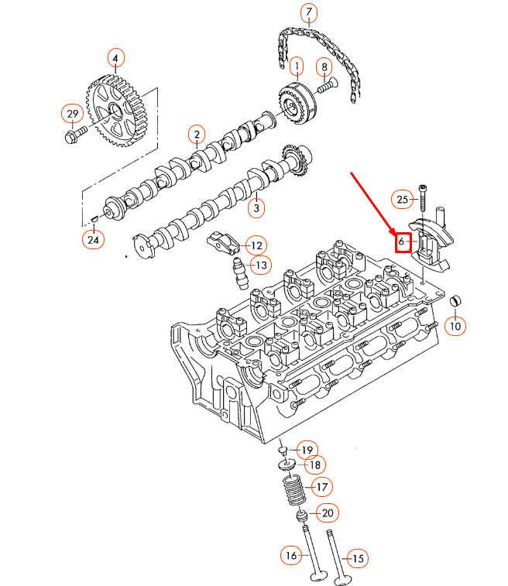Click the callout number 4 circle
click(115, 58)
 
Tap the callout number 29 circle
click(72, 115)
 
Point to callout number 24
click(93, 240)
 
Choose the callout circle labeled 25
click(400, 200)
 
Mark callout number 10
click(455, 326)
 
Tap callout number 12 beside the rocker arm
click(256, 245)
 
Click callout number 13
click(261, 266)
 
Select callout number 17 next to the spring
click(321, 487)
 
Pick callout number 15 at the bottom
click(357, 557)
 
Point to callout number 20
click(326, 512)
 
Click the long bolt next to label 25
click(424, 199)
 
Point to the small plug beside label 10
click(455, 300)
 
